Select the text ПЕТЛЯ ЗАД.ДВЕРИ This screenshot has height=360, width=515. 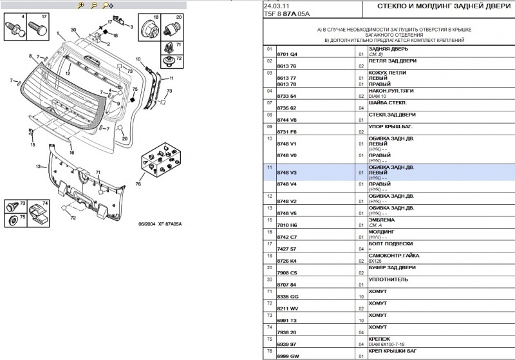pos(392,61)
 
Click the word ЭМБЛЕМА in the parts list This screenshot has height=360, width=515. pos(382,219)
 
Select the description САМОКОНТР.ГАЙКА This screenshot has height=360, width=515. pos(393,255)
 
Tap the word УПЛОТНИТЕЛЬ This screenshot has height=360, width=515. pos(388,279)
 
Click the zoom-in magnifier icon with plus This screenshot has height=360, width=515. pos(80,5)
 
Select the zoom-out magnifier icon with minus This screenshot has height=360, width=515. pos(94,5)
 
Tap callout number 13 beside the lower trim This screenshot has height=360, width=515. pos(38,167)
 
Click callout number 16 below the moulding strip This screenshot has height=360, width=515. pos(72,153)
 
